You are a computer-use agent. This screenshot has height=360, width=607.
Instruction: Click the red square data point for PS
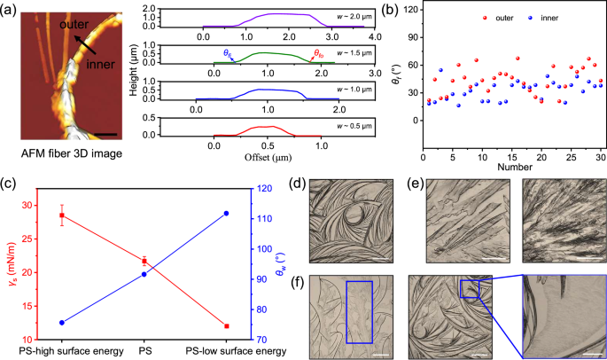pyautogui.click(x=144, y=262)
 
